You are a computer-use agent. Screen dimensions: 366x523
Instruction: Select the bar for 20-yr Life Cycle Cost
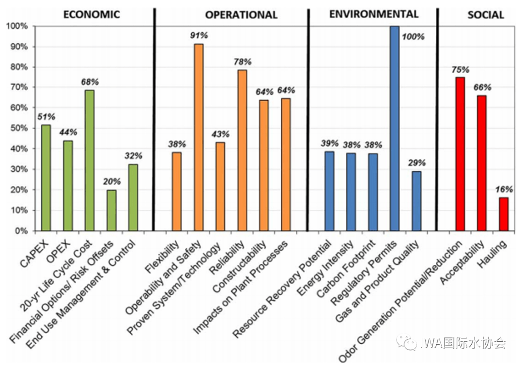click(x=89, y=160)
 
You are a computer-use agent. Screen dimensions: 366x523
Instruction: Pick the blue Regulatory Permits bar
click(x=395, y=128)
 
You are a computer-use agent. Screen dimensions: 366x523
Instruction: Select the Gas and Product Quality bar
click(x=416, y=201)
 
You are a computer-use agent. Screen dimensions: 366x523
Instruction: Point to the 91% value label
click(x=199, y=35)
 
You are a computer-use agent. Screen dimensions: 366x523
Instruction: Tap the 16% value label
click(x=503, y=189)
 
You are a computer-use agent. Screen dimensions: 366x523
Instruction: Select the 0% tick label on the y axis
click(x=21, y=231)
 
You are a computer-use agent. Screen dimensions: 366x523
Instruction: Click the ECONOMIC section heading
click(x=92, y=14)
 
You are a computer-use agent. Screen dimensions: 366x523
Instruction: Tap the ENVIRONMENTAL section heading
click(x=373, y=14)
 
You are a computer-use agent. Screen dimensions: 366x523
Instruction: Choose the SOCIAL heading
click(x=485, y=15)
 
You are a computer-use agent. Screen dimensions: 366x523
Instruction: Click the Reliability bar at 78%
click(x=242, y=150)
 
